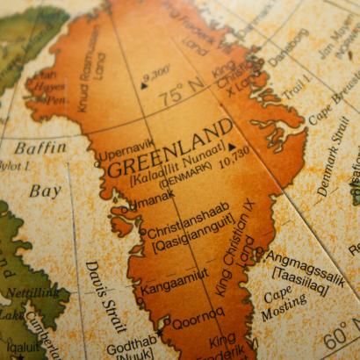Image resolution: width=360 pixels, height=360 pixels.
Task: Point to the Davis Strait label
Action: click(103, 295)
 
